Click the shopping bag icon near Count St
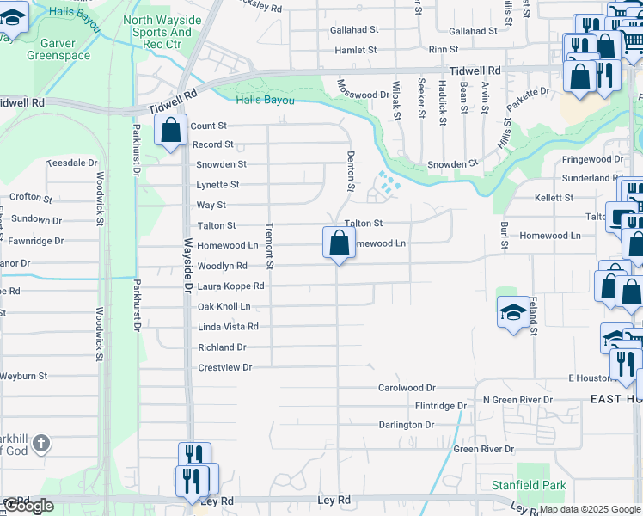[171, 131]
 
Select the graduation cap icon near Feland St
[512, 311]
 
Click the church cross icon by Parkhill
[41, 443]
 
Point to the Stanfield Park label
[529, 485]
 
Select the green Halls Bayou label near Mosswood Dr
[265, 101]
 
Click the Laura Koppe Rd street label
[230, 286]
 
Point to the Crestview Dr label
[224, 367]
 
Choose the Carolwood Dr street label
[407, 388]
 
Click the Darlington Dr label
[407, 425]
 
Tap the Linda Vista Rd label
[228, 327]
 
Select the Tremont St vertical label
[269, 242]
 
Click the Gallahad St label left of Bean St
[354, 29]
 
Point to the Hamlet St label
[354, 51]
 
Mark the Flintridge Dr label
[441, 405]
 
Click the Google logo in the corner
[28, 506]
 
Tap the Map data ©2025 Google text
[589, 510]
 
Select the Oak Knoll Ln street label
[224, 306]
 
